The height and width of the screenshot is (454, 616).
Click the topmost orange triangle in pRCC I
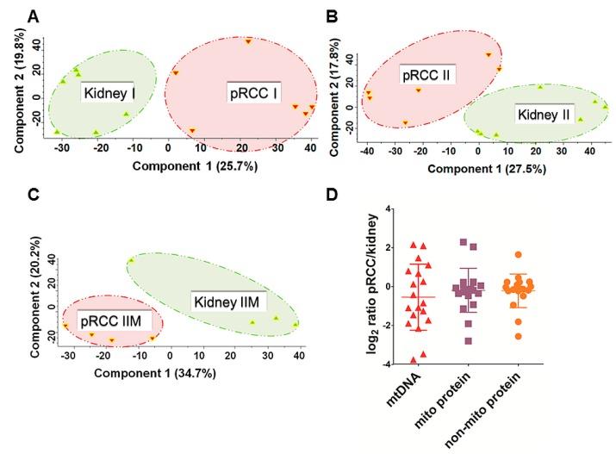pyautogui.click(x=248, y=41)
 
